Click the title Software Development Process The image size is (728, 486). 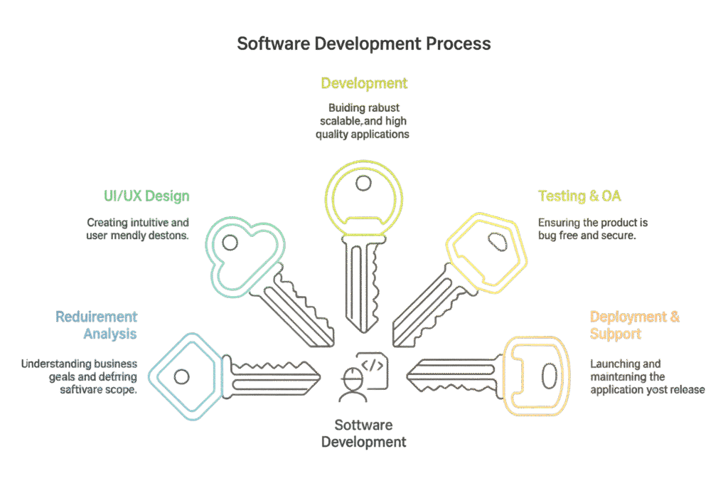click(363, 44)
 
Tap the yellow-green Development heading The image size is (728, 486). click(363, 83)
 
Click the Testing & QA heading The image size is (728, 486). click(580, 196)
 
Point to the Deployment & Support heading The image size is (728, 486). click(634, 325)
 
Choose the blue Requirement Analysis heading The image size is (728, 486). click(96, 325)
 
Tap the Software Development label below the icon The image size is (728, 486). click(363, 434)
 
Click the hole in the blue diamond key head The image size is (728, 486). click(183, 375)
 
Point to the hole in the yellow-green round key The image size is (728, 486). click(363, 183)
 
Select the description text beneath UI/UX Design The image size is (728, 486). click(137, 229)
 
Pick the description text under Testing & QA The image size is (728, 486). click(592, 229)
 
